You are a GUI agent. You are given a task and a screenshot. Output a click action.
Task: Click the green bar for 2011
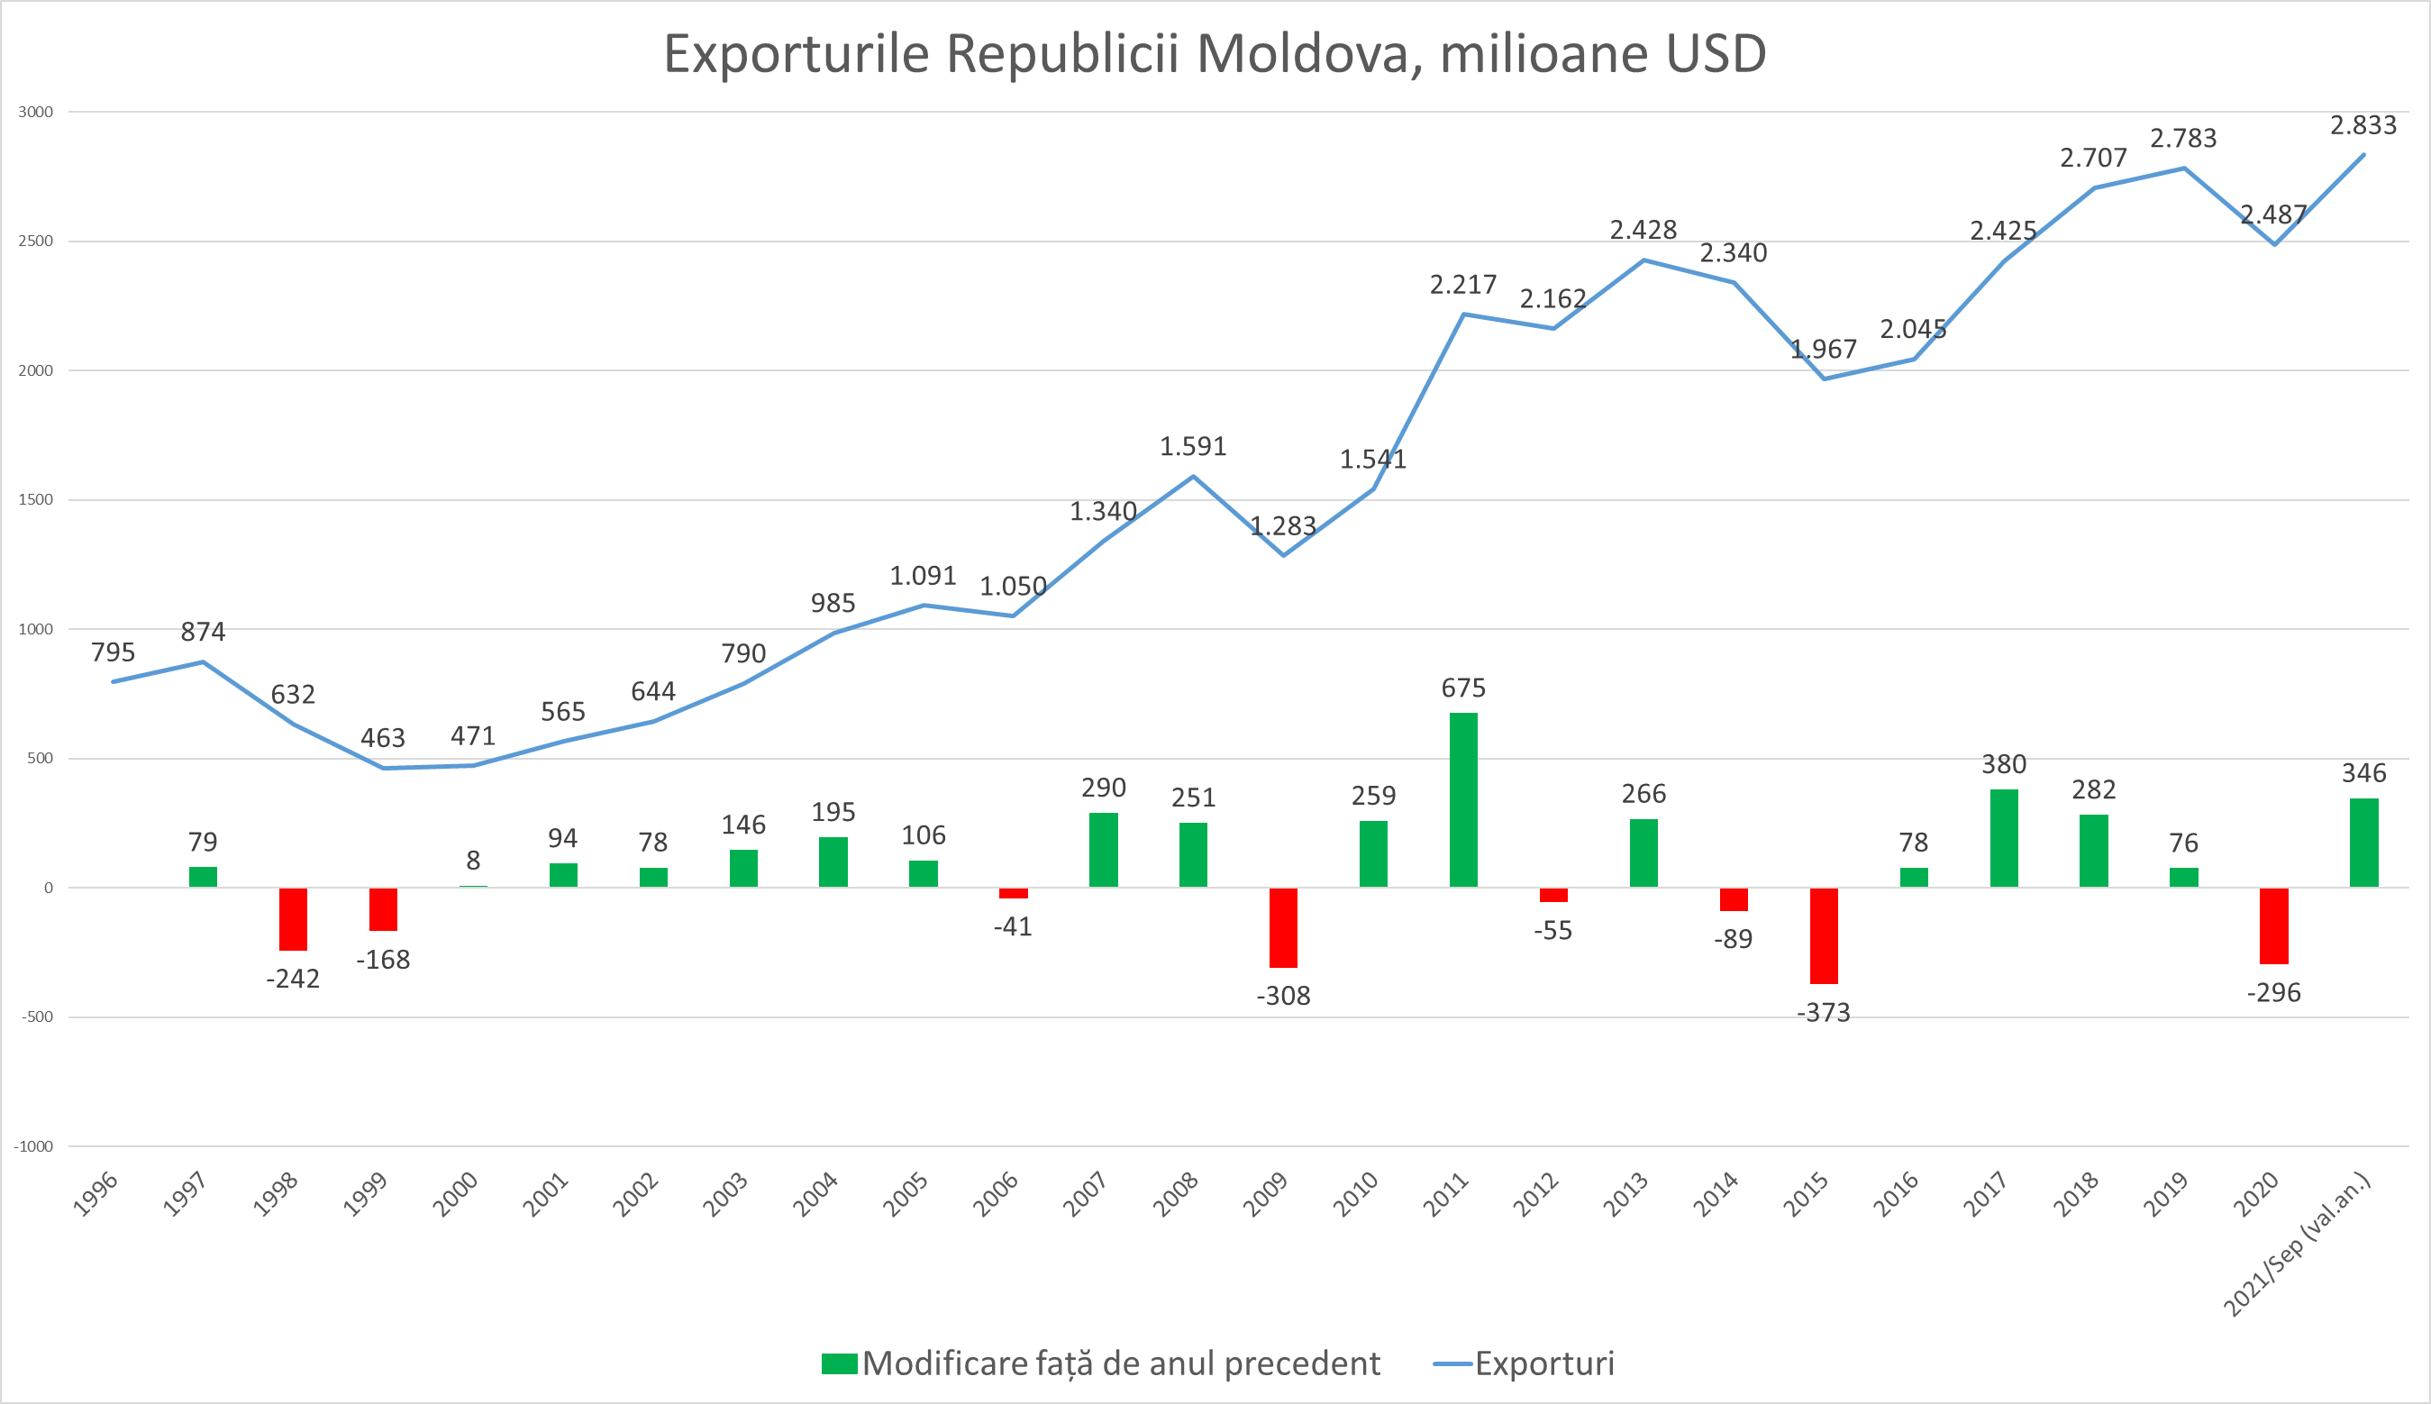point(1463,799)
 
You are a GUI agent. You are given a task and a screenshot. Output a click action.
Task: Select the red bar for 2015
point(1824,935)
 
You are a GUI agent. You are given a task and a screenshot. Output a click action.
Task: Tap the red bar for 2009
point(1283,927)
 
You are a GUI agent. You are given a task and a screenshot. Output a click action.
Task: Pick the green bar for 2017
point(2004,838)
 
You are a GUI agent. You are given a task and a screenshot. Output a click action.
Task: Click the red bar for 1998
point(293,919)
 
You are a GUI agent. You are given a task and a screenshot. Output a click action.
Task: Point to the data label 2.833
point(2363,125)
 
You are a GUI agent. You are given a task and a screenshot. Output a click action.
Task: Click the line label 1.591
point(1192,446)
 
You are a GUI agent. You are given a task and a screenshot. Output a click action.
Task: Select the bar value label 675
point(1463,688)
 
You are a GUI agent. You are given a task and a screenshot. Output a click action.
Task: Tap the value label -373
point(1824,1013)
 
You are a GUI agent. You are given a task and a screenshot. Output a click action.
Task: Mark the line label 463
point(383,739)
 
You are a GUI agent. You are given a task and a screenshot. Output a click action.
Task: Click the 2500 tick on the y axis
point(36,242)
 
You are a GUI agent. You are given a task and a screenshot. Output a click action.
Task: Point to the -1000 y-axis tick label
point(33,1146)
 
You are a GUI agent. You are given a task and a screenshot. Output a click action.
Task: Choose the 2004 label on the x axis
point(815,1195)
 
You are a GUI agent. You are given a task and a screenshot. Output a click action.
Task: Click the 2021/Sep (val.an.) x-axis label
point(2297,1244)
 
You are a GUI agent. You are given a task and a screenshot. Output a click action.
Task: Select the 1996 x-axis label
point(96,1195)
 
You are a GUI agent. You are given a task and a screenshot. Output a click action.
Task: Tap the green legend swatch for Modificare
point(839,1363)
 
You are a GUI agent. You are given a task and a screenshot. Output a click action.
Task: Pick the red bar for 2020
point(2274,925)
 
